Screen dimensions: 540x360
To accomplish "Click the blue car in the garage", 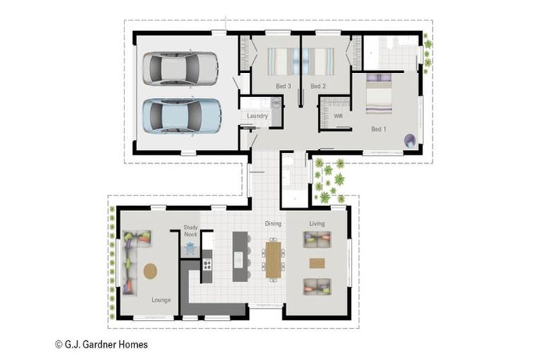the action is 182,116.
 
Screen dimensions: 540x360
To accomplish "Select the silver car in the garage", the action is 180,68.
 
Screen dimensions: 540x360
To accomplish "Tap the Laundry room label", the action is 257,116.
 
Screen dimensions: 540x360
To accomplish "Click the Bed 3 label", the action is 283,86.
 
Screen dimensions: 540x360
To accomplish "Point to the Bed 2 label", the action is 318,86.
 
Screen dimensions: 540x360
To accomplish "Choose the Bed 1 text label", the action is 379,129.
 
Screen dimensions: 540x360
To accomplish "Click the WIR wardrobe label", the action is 338,117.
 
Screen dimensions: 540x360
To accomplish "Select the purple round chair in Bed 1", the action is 410,141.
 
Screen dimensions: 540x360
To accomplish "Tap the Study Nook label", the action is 191,231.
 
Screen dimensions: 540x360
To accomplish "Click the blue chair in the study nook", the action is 190,249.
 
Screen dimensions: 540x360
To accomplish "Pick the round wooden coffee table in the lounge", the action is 150,271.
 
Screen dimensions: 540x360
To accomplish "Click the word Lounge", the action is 161,300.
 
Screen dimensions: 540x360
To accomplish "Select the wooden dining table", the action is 273,259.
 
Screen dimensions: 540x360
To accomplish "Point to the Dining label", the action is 273,224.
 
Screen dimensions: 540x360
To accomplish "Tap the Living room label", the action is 317,224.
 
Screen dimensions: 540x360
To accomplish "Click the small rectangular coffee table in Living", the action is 317,263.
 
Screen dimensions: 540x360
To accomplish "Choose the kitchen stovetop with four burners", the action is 207,265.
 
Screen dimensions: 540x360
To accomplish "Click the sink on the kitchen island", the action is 238,259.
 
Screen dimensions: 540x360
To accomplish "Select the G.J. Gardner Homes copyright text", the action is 101,345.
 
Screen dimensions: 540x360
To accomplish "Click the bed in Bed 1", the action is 379,94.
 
